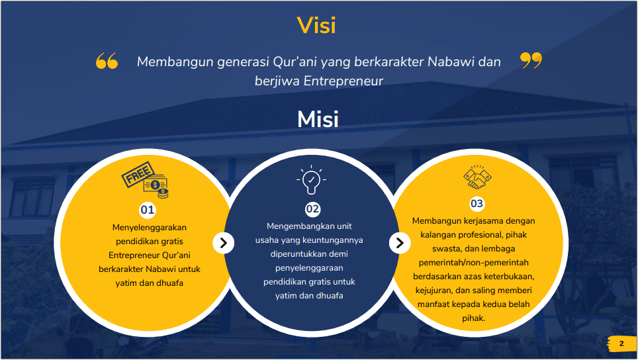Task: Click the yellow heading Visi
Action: [316, 25]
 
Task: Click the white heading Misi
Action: [318, 119]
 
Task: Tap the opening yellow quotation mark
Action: [107, 61]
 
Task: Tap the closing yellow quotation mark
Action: [531, 60]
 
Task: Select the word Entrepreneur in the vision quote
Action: [343, 81]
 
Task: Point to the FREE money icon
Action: [146, 180]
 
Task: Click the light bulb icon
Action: [311, 179]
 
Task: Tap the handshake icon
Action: [477, 177]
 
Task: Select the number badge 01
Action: [148, 210]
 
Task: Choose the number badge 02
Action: [312, 209]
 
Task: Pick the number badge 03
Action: [477, 203]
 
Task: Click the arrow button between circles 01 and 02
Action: [224, 243]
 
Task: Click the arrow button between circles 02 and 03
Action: [400, 243]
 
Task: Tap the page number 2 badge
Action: [621, 343]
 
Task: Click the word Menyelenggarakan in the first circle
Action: [150, 228]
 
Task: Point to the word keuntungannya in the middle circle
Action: [336, 240]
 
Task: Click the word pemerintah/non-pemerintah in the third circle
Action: [474, 262]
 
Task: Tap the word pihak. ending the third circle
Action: [474, 318]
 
